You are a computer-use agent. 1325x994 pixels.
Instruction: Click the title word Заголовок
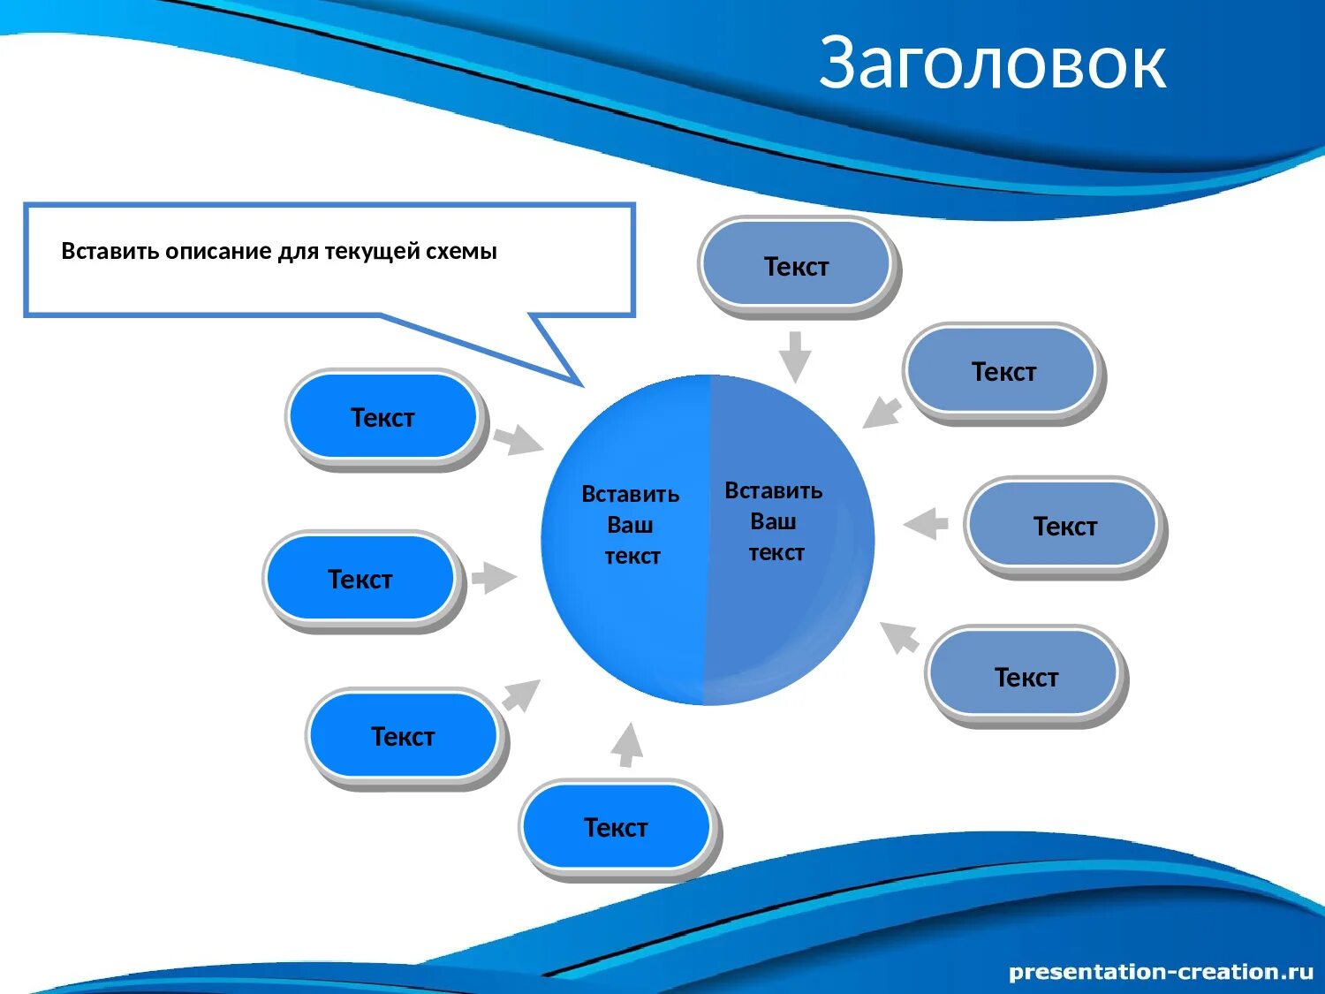[992, 63]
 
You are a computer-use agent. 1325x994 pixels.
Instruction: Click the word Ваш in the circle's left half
[630, 525]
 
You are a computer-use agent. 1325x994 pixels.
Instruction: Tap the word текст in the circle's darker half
[776, 553]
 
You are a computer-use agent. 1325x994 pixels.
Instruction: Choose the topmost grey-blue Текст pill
[796, 265]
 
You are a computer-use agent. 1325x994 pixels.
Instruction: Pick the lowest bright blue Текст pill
[616, 827]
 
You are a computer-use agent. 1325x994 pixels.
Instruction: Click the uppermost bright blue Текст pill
[382, 417]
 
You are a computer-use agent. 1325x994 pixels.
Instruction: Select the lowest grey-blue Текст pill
[1026, 677]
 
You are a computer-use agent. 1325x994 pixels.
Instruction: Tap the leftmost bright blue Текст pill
[360, 579]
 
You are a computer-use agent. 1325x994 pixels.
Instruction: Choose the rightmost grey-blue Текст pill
[1064, 526]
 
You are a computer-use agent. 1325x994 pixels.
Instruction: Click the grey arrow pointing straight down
[795, 355]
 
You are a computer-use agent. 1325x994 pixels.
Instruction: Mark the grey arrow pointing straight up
[627, 745]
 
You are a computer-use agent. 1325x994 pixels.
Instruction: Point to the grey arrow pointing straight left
[926, 523]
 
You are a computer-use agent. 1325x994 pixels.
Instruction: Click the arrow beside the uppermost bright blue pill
[518, 439]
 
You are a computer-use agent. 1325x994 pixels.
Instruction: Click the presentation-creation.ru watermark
[1161, 972]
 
